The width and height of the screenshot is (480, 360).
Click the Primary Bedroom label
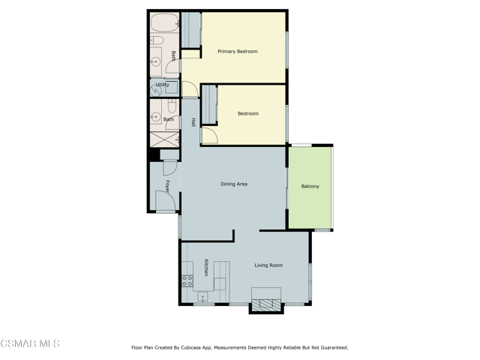[237, 52]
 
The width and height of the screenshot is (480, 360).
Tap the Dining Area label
[234, 184]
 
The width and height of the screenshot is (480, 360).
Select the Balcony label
[310, 186]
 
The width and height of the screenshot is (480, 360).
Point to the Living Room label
[268, 265]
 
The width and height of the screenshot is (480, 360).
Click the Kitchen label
[206, 268]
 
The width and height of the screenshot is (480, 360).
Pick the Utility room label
[162, 85]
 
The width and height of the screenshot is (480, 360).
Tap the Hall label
[193, 122]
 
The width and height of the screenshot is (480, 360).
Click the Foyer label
[167, 187]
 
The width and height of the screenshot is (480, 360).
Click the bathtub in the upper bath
[165, 22]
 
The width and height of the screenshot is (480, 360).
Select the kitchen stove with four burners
[187, 280]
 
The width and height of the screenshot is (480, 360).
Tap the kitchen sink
[202, 296]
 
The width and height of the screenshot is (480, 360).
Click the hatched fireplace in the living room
[266, 304]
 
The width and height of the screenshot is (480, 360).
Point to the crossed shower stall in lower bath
[164, 139]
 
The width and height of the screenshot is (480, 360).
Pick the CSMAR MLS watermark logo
[30, 343]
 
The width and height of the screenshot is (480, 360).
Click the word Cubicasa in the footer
[191, 347]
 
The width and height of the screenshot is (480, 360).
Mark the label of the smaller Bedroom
[248, 113]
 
